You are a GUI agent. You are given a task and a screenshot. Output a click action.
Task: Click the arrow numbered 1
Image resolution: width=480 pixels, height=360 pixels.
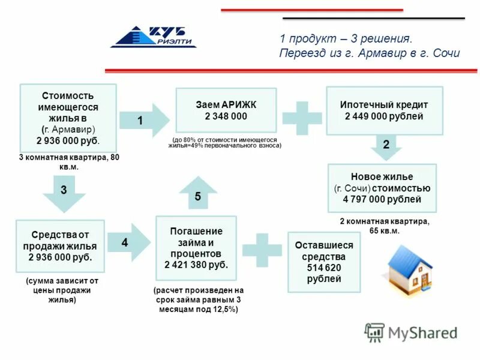[145, 121]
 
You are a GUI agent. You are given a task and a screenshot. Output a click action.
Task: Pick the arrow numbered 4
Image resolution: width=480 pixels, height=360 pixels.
[129, 243]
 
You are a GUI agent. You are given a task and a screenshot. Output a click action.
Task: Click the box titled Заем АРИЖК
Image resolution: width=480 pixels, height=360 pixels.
[226, 110]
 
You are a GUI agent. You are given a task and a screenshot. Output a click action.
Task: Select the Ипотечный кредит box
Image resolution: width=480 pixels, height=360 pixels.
[384, 110]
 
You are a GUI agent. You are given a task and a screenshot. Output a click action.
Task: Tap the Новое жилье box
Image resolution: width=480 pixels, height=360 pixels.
[382, 188]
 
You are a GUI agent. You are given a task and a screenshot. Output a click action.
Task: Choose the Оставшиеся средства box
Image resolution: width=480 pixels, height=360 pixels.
[324, 262]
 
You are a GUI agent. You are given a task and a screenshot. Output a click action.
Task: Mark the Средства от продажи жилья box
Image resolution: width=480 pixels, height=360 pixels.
[60, 245]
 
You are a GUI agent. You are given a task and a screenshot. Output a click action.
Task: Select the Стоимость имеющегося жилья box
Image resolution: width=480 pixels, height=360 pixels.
[68, 118]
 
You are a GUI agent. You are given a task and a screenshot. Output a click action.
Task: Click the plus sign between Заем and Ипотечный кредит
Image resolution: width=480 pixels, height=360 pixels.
[302, 117]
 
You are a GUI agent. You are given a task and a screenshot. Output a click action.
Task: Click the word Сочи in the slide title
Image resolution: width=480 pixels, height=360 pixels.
[445, 53]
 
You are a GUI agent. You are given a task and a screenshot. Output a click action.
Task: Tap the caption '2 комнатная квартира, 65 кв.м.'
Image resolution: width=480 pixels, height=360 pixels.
[385, 226]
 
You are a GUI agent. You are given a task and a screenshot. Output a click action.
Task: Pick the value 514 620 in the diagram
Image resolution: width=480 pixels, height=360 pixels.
[324, 268]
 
